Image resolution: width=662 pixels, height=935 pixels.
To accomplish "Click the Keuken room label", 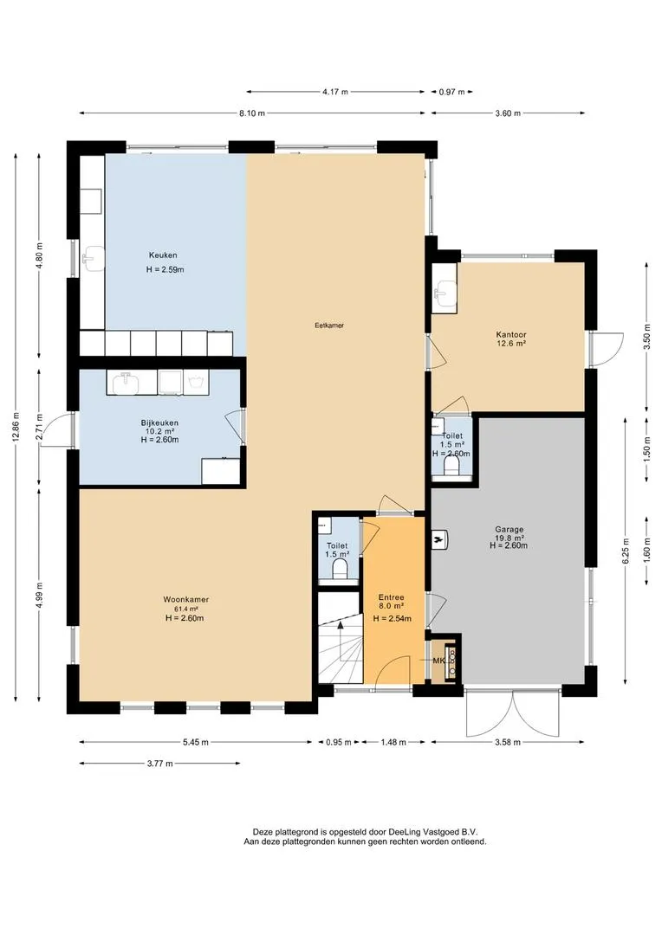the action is coord(163,255).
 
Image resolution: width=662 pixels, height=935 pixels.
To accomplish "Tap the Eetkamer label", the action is coord(329,326).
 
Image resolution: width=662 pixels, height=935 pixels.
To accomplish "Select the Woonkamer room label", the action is coord(186,600).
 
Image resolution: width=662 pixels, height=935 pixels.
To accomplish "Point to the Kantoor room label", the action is coord(511,335).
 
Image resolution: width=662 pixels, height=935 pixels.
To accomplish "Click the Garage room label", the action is coord(509,530).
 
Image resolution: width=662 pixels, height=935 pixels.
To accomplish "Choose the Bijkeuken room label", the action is coord(159,422).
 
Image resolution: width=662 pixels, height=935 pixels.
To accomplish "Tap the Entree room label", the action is coord(392,597).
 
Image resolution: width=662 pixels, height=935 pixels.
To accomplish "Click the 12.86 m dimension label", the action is coord(16,427).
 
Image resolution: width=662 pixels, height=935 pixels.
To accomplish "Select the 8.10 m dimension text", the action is coord(252,113).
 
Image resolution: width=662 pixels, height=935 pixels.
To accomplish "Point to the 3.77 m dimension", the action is coord(160,764).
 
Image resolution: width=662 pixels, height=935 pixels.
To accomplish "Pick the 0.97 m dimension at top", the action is coord(451,92).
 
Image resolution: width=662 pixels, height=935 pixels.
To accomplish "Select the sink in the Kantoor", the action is coord(445,293).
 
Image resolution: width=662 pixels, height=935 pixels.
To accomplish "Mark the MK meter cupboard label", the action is coord(439,661).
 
